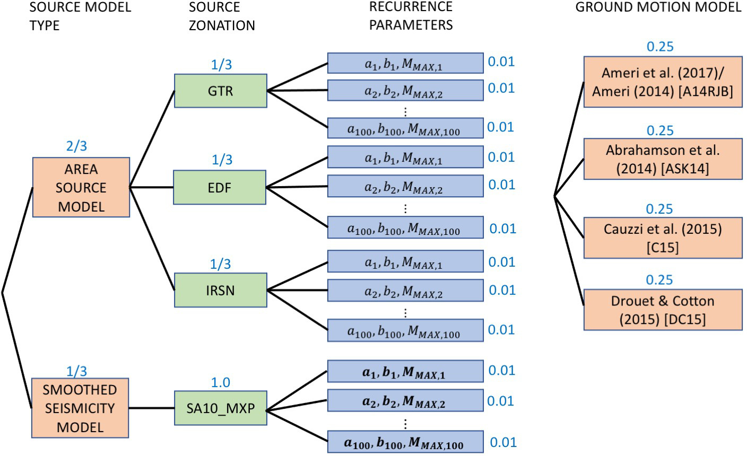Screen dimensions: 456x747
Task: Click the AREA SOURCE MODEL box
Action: click(81, 187)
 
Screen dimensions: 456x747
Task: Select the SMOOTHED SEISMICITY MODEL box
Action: click(80, 408)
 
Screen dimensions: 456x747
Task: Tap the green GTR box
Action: click(220, 91)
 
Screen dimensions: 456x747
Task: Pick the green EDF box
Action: click(220, 187)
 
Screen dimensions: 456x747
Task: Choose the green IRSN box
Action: click(220, 290)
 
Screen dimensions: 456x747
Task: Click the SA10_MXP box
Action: click(220, 409)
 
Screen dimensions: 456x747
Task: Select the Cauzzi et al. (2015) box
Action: click(663, 238)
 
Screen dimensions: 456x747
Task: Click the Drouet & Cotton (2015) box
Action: click(663, 310)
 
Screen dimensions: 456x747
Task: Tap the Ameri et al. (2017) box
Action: click(663, 82)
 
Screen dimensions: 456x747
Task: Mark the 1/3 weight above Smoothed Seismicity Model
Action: click(77, 371)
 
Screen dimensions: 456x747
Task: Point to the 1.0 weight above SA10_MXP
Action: click(221, 383)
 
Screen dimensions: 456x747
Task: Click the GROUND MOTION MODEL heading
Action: click(658, 7)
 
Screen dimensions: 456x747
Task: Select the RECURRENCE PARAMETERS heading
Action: click(411, 15)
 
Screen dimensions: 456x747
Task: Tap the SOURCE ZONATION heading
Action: click(222, 16)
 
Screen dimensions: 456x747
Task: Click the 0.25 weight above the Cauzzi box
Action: click(659, 209)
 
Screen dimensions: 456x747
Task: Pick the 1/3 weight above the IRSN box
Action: click(221, 264)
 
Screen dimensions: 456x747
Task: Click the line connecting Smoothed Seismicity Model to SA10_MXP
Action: click(152, 408)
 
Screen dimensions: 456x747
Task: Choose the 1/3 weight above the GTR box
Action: click(221, 65)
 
